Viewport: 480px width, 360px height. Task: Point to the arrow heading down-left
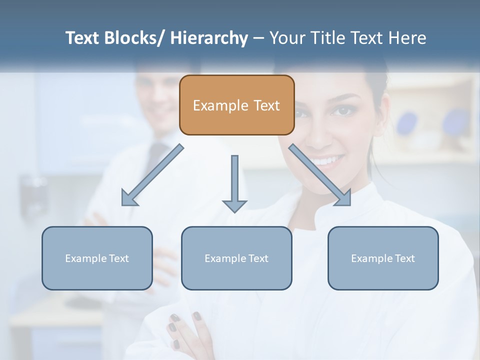point(152,175)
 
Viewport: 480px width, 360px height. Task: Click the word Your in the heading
point(287,38)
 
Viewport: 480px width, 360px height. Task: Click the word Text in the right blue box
point(405,258)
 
